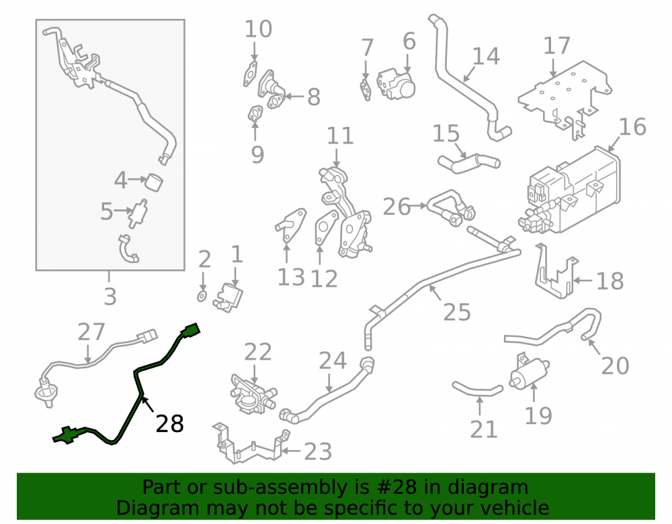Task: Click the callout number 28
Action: click(170, 424)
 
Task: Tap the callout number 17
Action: click(556, 46)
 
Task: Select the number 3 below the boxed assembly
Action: click(110, 296)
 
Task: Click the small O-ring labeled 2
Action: click(202, 296)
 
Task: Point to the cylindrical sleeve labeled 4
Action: click(155, 182)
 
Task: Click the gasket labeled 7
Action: click(366, 89)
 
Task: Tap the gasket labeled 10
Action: click(250, 74)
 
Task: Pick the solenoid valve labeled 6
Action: click(396, 84)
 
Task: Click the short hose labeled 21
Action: click(477, 389)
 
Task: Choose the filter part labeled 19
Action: click(528, 371)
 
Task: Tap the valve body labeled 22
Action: click(253, 392)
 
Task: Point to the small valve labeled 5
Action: click(138, 213)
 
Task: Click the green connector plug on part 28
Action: click(191, 330)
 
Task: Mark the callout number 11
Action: click(340, 136)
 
